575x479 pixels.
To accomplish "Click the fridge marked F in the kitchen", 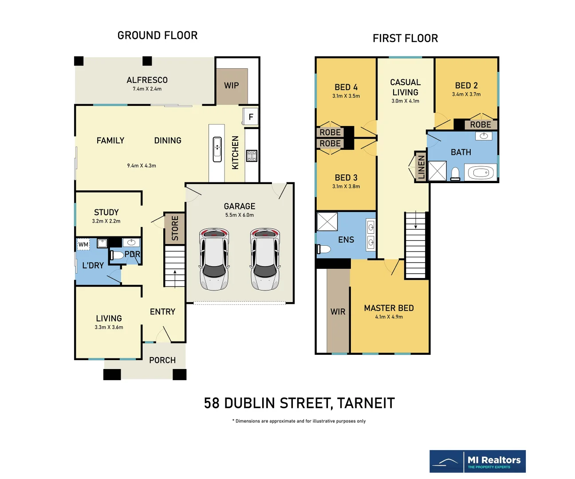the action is point(250,117).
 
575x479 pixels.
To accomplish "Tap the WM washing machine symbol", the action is point(83,244).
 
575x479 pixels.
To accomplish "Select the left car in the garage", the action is point(214,259).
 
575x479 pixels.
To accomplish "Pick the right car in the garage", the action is point(265,259).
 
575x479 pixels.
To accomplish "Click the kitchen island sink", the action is point(217,149).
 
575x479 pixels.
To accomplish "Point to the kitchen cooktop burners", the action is point(252,156).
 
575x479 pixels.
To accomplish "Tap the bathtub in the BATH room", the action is point(480,173).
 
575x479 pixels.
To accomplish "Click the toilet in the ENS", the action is point(324,249).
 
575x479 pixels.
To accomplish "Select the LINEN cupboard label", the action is point(421,167).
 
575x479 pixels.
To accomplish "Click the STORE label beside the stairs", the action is point(175,228).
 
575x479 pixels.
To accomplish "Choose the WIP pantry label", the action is point(231,86).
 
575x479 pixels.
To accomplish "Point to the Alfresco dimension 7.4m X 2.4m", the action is point(147,89).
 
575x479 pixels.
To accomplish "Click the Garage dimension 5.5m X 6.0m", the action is point(239,215).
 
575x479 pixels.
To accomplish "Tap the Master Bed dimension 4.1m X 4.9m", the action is point(389,317).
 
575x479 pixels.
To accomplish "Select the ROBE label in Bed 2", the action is point(480,125).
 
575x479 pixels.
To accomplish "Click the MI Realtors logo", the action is point(477,461).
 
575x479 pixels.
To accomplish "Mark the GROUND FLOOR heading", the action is point(158,35).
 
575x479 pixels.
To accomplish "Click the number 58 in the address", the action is point(212,403).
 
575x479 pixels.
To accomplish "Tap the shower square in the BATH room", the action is point(437,171).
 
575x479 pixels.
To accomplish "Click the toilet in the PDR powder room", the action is point(117,255).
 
